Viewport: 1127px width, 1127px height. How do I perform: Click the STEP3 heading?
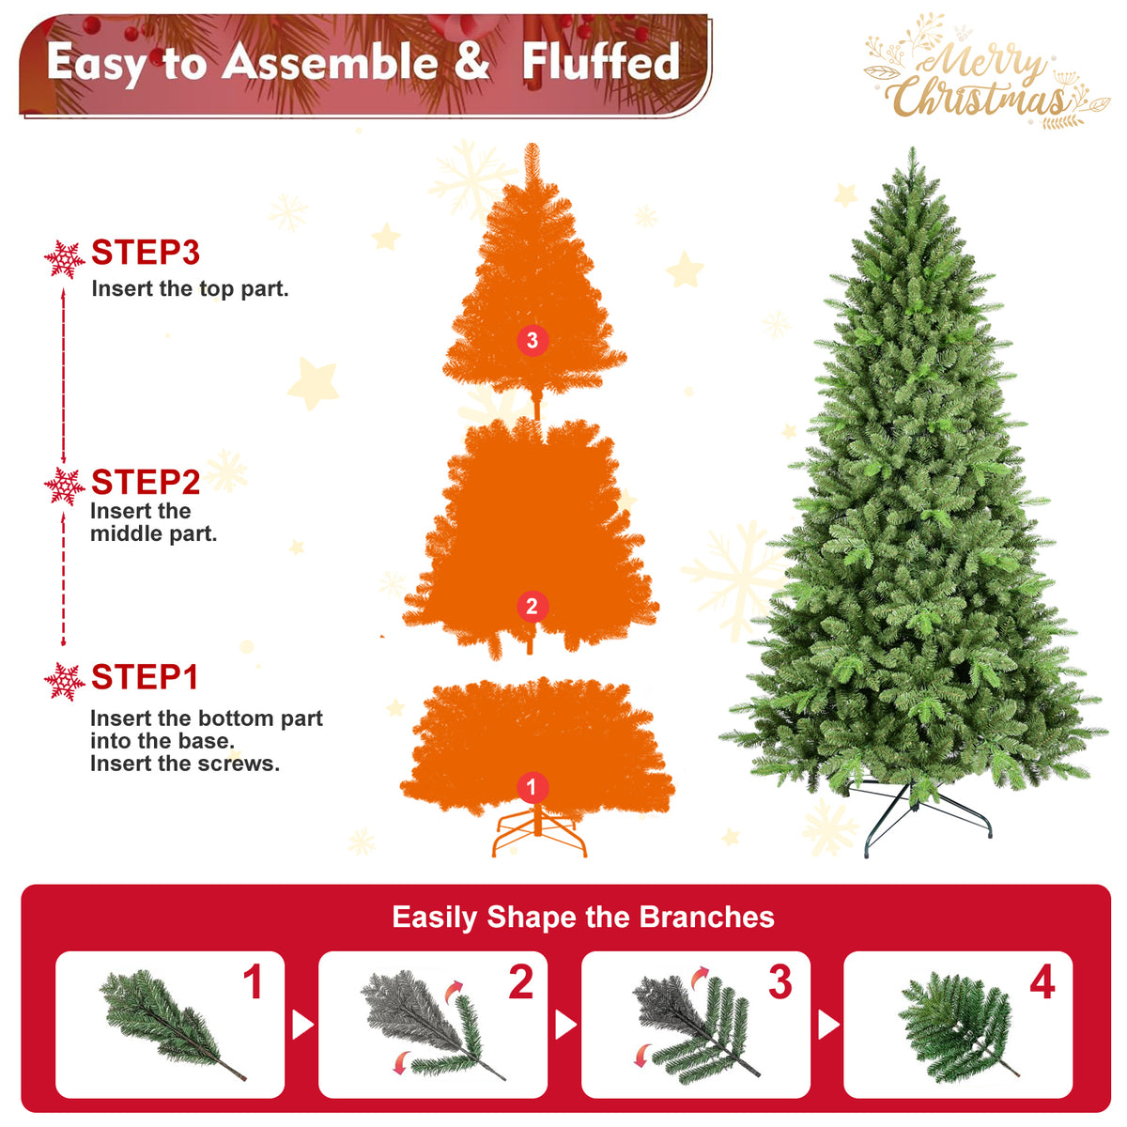click(146, 253)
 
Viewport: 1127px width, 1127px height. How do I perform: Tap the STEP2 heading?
click(146, 483)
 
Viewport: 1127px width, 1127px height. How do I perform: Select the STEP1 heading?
click(145, 677)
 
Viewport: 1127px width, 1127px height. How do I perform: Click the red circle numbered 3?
click(533, 340)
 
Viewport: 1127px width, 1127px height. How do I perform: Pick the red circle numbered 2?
click(533, 607)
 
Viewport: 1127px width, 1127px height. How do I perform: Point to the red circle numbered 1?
click(533, 787)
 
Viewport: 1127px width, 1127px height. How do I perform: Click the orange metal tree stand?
click(539, 830)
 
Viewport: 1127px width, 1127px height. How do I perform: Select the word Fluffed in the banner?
click(601, 62)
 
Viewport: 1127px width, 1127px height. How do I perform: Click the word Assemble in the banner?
click(330, 62)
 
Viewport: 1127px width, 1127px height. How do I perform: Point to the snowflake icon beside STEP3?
click(65, 259)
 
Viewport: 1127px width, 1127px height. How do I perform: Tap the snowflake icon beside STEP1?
click(65, 682)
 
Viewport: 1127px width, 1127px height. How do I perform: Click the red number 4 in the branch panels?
click(1042, 982)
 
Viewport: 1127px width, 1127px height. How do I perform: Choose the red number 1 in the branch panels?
click(254, 982)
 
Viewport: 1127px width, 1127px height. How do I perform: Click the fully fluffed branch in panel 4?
click(957, 1027)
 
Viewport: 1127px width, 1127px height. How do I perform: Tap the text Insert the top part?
click(190, 289)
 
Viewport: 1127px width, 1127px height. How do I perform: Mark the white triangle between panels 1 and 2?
click(301, 1025)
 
